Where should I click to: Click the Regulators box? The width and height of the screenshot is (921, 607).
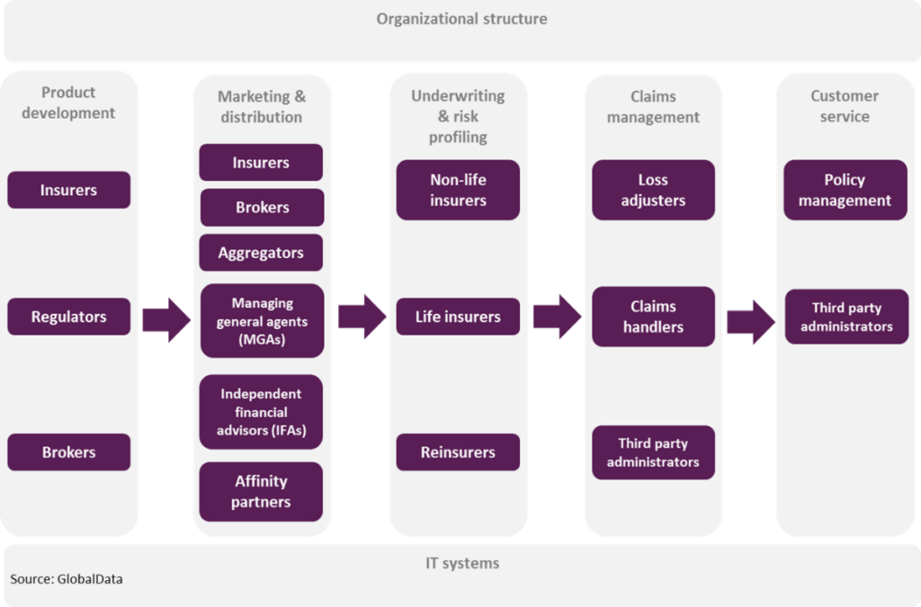pos(68,317)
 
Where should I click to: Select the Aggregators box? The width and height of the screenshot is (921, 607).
pos(261,253)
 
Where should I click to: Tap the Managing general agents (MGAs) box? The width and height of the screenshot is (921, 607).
pos(262,320)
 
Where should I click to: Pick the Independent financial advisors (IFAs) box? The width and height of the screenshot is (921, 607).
pos(261,412)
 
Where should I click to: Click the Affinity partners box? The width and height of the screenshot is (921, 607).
pos(261,491)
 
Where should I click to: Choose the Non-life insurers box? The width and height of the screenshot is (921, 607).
pos(458,190)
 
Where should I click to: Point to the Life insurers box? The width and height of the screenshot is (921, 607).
pos(458,317)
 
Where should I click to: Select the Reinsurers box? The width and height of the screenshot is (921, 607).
pos(458,452)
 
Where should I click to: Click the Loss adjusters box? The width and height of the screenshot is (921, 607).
pos(653,190)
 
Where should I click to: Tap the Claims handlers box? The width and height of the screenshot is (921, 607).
pos(653,317)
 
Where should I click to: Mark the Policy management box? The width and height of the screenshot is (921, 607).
pos(845,190)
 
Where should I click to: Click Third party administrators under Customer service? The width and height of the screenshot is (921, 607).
pos(846,317)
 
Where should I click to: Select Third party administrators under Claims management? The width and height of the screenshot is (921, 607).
pos(653,452)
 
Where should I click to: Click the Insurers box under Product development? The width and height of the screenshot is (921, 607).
pos(68,190)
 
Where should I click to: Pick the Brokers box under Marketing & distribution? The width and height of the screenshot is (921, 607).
pos(262,207)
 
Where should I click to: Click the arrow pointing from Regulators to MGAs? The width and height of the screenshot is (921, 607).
pos(166,320)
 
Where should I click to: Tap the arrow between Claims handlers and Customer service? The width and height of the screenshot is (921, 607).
pos(751,322)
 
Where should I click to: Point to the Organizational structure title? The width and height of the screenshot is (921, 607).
pos(461,19)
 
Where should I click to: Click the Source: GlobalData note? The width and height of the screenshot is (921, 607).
pos(67,579)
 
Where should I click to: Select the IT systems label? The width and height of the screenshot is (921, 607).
pos(462,563)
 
